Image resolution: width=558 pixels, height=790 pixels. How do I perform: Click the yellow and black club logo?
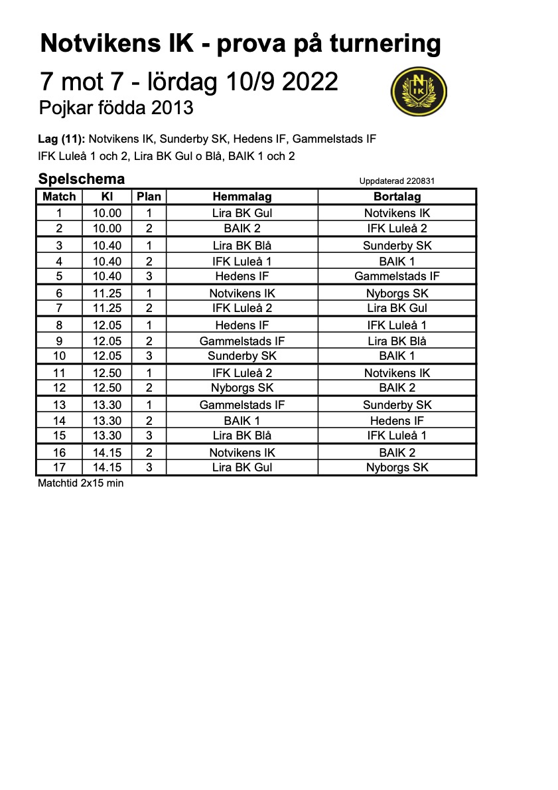click(419, 92)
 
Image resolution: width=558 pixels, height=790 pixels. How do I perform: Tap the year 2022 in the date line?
click(310, 82)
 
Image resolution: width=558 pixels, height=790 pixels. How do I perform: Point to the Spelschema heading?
click(82, 179)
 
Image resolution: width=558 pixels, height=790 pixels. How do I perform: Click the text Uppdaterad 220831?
click(397, 181)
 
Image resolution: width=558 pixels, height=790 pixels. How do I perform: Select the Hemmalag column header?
click(242, 197)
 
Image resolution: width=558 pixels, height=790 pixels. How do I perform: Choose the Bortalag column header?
click(397, 197)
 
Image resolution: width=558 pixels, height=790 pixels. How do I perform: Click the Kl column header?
click(107, 197)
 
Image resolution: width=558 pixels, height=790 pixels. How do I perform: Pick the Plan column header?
click(149, 197)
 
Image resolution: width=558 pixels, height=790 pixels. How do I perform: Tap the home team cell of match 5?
click(242, 276)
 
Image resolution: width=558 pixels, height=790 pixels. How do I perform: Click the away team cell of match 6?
click(397, 293)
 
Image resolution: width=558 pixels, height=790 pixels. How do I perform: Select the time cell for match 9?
click(107, 341)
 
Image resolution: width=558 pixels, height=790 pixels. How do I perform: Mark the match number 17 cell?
click(59, 467)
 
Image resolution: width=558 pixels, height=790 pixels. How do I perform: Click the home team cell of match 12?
click(242, 388)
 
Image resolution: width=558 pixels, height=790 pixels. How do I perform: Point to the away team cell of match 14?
click(397, 421)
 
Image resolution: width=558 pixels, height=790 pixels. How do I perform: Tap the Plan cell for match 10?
click(149, 356)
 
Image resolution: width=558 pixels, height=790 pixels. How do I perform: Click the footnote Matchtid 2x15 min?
click(81, 483)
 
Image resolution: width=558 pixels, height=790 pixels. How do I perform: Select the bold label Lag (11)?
click(62, 139)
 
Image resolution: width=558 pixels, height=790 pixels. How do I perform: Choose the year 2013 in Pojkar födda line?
click(171, 107)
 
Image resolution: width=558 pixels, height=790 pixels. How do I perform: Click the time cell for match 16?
click(107, 453)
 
